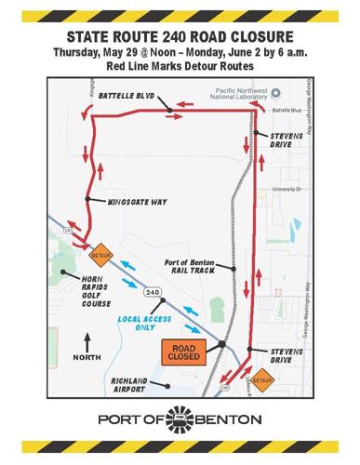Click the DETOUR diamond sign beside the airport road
(x=264, y=379)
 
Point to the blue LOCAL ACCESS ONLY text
(x=139, y=323)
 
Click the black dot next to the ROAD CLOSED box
(x=223, y=345)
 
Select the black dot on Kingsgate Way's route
(x=87, y=199)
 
